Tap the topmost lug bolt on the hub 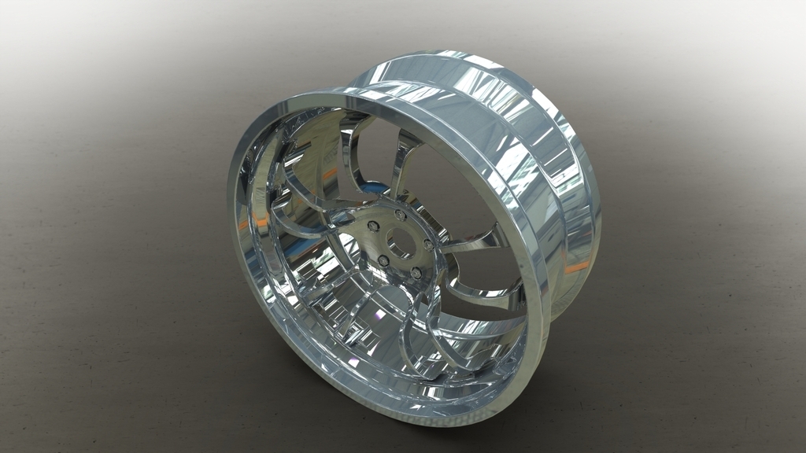coord(401,215)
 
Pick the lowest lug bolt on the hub coord(416,272)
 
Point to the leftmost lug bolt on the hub coord(373,226)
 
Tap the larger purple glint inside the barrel coord(381,315)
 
